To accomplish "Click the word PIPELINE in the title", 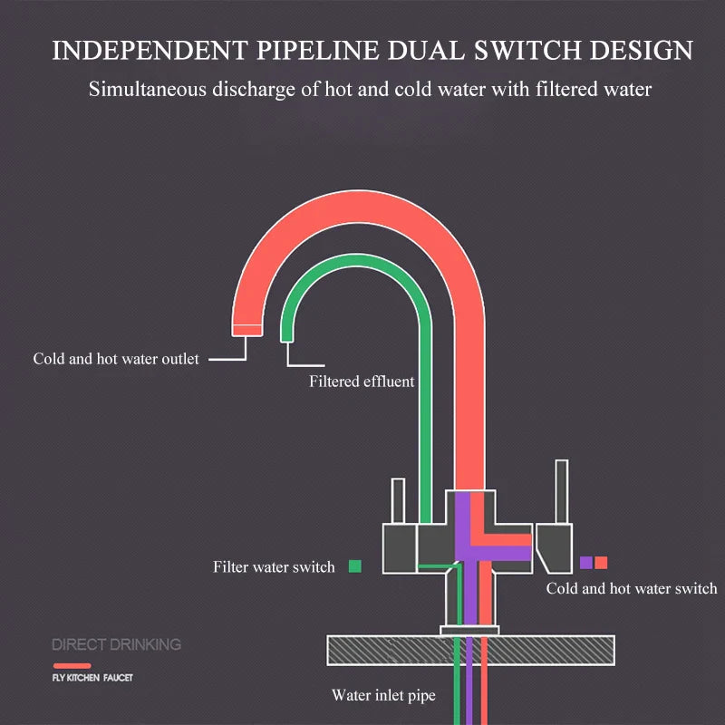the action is tap(319, 51).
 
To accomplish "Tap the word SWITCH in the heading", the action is tap(527, 51).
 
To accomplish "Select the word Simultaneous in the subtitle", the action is tap(148, 89).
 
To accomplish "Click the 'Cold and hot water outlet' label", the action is tap(116, 359).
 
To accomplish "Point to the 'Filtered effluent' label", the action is tap(362, 382).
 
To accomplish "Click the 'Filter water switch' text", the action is tap(274, 567).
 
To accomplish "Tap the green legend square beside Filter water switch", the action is tap(355, 566).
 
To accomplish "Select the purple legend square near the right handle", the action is tap(586, 563).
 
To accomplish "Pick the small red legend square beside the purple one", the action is tap(601, 563).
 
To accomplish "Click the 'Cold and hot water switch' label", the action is tap(632, 588).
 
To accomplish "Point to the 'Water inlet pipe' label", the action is tap(383, 695).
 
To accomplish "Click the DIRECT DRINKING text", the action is tap(117, 644).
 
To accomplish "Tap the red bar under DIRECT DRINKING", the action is tap(72, 666).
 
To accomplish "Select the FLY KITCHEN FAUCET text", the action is tap(92, 678).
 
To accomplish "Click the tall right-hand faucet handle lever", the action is tap(562, 492).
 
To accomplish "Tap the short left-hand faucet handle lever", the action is tap(398, 501).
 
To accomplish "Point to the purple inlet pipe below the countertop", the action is tap(469, 681).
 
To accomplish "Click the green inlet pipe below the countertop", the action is tap(457, 681).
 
